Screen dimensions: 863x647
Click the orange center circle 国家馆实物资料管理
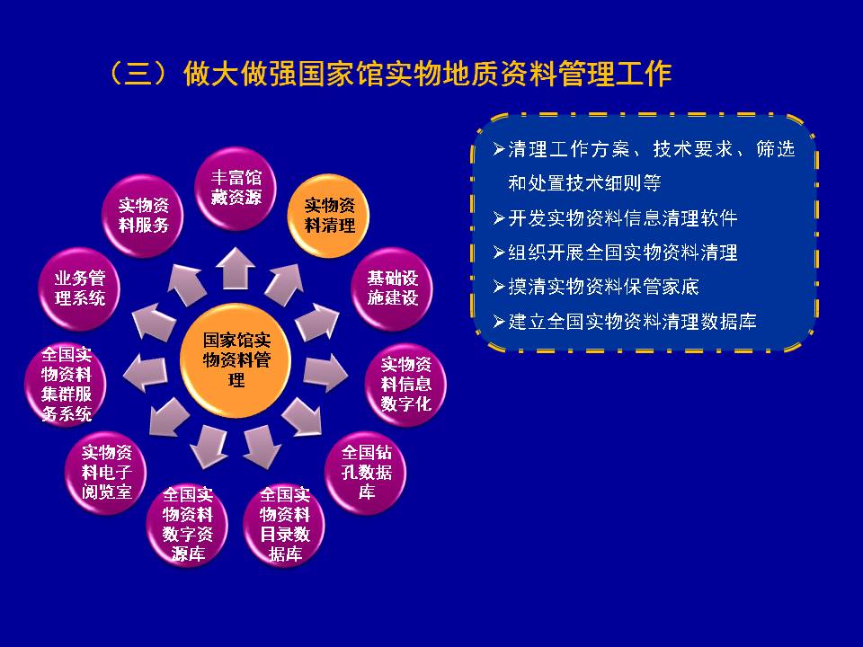(236, 360)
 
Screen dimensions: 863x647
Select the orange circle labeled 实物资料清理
(329, 215)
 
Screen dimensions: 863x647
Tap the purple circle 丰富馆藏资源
(236, 188)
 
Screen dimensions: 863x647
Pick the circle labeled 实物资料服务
(143, 215)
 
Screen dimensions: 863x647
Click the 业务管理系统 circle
(79, 288)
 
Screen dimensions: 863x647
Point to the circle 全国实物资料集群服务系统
(66, 384)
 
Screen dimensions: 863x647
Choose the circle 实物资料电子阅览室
(106, 472)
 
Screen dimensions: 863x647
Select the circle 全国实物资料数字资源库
(187, 524)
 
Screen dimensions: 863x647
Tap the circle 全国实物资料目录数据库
(284, 524)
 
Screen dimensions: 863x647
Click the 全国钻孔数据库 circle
(366, 472)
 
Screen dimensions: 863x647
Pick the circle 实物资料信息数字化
(405, 384)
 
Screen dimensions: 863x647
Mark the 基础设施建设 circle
(392, 288)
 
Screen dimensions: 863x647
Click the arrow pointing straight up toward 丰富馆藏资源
(235, 268)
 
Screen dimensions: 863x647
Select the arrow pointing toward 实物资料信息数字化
(325, 373)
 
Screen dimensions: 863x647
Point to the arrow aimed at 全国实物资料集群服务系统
(146, 373)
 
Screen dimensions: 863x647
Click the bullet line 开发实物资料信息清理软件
(615, 218)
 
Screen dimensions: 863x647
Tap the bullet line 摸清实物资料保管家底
(596, 287)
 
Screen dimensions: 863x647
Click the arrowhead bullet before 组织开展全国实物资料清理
(499, 253)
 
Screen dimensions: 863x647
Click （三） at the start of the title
(138, 74)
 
